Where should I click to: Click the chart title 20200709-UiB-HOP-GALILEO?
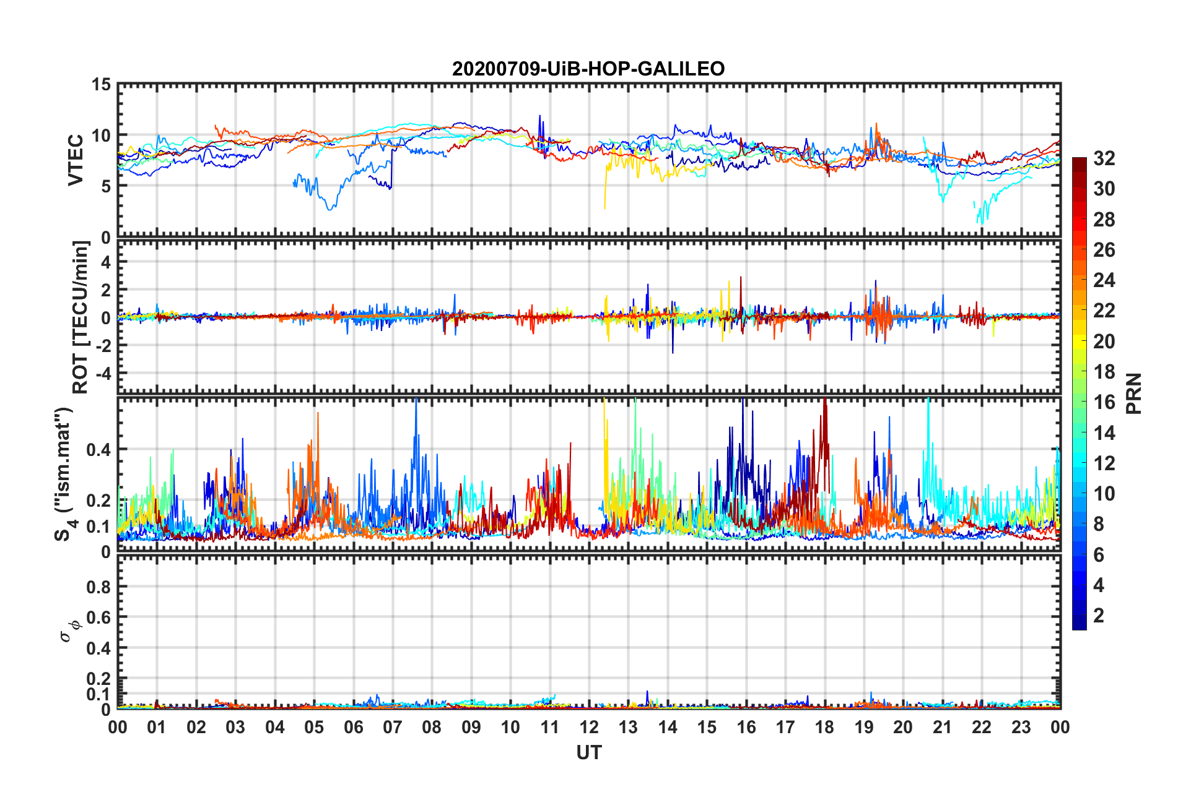click(588, 69)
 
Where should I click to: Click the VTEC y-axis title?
click(76, 160)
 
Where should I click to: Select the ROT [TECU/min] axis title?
click(81, 317)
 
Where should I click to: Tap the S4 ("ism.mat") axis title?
click(64, 474)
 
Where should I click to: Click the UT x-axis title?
click(589, 752)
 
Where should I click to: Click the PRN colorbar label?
click(1133, 393)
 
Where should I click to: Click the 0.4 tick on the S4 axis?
click(98, 450)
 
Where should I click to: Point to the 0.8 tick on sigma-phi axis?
click(98, 587)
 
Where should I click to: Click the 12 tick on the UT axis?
click(589, 727)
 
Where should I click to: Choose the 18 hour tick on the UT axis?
click(824, 727)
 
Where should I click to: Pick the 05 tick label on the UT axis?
click(314, 727)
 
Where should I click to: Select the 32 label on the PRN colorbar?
click(1104, 158)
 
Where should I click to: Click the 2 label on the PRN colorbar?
click(1099, 615)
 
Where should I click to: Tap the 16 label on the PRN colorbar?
click(1104, 402)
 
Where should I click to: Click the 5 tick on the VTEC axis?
click(105, 186)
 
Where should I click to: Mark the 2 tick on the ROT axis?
click(105, 290)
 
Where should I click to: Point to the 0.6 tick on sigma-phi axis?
click(98, 617)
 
